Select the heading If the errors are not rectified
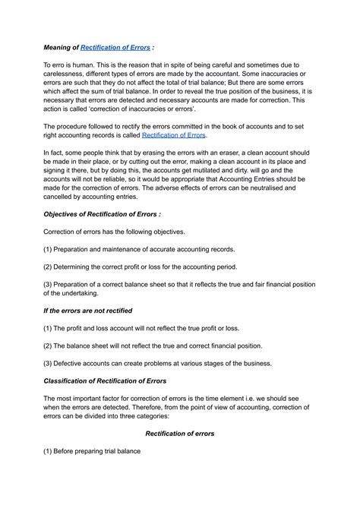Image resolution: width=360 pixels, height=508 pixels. point(88,311)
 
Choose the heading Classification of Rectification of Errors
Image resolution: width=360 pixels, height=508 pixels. point(105,380)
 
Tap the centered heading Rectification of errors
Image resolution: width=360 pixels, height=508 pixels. point(179,434)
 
